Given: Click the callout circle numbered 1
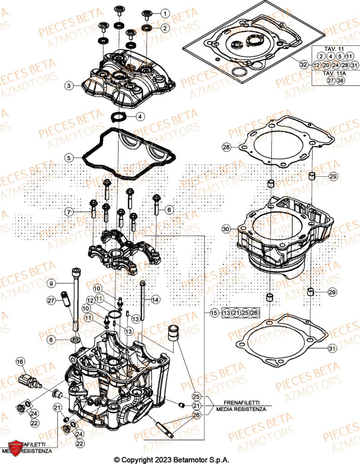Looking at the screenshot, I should point(165,13).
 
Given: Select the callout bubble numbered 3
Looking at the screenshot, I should point(69,85).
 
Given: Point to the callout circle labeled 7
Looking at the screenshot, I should point(69,212).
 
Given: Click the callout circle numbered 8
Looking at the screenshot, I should point(51,340).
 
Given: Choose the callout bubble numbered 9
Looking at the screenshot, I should point(51,283).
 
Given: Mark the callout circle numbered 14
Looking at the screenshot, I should point(155,300).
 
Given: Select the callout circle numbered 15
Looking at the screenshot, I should point(213,313).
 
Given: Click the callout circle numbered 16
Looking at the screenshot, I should point(20,361).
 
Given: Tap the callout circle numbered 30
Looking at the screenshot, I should point(226,229).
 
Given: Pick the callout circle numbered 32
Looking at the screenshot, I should point(303,65).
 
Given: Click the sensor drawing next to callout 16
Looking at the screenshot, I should point(30,381).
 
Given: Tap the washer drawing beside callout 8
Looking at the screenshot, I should point(74,342).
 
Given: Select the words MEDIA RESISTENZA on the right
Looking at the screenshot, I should point(241,409).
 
